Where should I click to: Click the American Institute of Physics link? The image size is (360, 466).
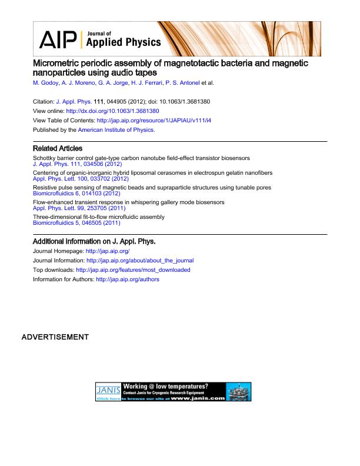coord(116,129)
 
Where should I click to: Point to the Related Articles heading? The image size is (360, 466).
coord(58,149)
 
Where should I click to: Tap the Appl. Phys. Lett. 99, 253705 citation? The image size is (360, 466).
coord(78,207)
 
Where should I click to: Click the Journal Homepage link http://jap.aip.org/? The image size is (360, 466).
coord(108,251)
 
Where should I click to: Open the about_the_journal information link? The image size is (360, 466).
coord(140,260)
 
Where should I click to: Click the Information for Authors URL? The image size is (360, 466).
coord(128,279)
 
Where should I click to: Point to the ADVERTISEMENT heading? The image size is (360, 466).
coord(55,337)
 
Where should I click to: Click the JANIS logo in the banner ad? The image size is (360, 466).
coord(108,390)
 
